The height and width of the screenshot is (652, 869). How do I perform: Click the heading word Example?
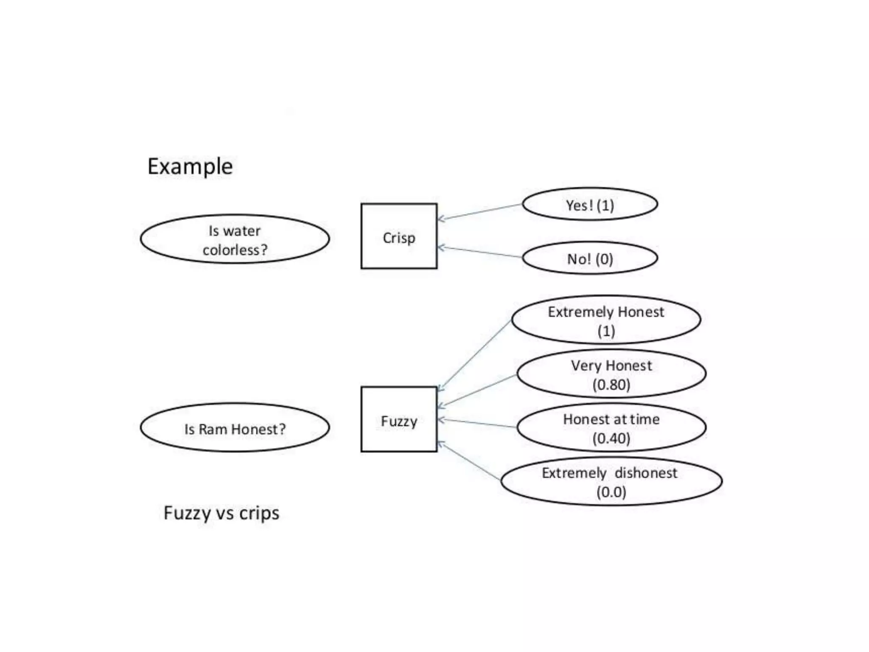coord(190,166)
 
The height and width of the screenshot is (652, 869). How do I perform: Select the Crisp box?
coord(399,236)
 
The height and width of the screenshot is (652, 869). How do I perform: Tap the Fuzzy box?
coord(399,419)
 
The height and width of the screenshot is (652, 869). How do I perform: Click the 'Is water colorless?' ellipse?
coord(235,239)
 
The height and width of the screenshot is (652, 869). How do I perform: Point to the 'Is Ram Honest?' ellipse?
coord(235,428)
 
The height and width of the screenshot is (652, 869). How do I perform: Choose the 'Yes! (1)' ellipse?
coord(590,205)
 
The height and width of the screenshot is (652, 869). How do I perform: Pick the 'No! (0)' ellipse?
coord(590,258)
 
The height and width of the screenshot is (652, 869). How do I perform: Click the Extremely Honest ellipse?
coord(606,320)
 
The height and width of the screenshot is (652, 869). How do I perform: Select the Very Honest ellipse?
coord(611,374)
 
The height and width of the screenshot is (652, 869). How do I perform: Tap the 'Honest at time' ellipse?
coord(611,427)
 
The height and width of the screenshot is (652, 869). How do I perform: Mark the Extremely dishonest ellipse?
coord(611,481)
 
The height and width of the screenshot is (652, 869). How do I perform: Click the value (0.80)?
coord(611,385)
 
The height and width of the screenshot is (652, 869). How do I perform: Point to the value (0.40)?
coord(611,438)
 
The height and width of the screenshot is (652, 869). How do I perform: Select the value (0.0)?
coord(611,492)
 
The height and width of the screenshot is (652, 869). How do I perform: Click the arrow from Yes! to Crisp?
coord(479,212)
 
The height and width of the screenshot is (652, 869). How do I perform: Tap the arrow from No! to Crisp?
coord(479,252)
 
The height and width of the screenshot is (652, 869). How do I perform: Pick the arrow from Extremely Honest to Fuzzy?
coord(474,355)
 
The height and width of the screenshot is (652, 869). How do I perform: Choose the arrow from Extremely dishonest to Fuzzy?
coord(469,461)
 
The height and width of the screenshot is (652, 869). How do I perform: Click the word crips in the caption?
coord(259,513)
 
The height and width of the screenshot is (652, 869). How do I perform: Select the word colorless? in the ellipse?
coord(235,250)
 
